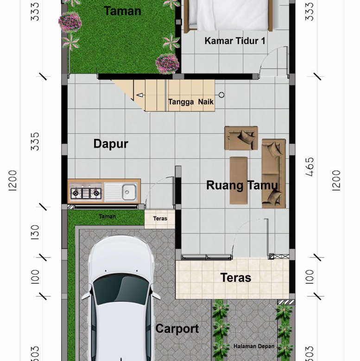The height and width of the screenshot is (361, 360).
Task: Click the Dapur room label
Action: click(111, 144)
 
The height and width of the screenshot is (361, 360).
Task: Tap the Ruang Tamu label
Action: click(242, 186)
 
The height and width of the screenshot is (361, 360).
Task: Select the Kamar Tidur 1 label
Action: click(235, 41)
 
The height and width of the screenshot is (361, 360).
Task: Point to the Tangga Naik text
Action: click(191, 102)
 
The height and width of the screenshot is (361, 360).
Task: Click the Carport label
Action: click(177, 329)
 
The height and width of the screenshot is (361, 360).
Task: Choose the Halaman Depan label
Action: click(254, 346)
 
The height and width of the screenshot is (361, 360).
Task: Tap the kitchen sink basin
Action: click(129, 192)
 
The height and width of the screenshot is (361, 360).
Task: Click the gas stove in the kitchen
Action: click(86, 193)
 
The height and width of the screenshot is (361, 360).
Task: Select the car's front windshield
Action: click(121, 288)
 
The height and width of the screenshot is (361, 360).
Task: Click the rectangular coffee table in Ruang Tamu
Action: click(239, 180)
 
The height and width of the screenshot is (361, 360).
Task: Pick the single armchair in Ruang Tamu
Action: click(241, 138)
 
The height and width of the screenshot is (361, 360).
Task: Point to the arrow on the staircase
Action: click(139, 95)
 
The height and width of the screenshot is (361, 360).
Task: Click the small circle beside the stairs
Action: click(221, 95)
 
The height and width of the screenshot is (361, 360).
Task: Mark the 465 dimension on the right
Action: click(310, 167)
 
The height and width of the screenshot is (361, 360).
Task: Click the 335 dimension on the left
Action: click(35, 141)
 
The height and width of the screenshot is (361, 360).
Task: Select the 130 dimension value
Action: click(35, 232)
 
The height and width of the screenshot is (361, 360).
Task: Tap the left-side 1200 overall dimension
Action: click(13, 180)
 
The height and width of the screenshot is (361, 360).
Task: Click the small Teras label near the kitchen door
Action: click(160, 218)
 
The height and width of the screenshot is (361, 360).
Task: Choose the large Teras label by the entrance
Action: click(235, 278)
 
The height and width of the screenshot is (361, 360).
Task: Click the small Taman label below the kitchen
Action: click(107, 217)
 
